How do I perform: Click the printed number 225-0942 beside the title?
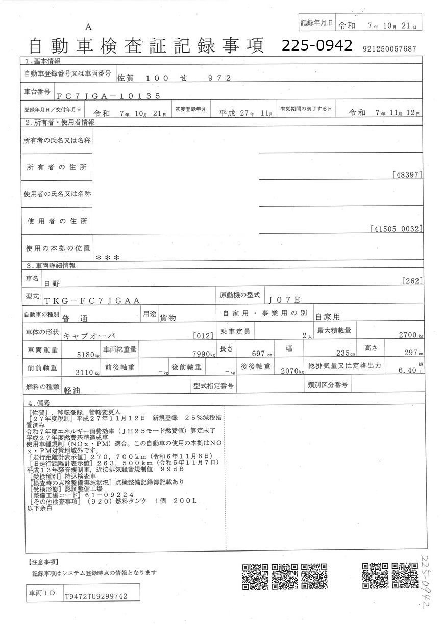tap(317, 45)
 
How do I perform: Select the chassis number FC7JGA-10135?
tap(109, 95)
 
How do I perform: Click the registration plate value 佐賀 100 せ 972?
tap(174, 78)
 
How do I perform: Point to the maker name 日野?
tap(52, 282)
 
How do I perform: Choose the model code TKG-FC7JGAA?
tap(92, 301)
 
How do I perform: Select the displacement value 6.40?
tap(408, 371)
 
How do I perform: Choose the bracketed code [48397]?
tap(408, 174)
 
